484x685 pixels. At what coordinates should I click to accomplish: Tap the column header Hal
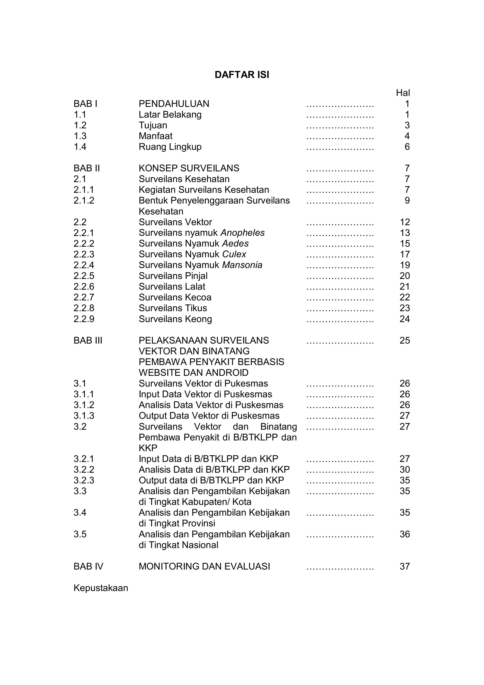pos(403,93)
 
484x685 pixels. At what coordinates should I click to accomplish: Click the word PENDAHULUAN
pos(174,104)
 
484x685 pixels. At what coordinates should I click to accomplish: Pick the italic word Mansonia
pos(242,265)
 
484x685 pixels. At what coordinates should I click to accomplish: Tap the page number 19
pos(405,265)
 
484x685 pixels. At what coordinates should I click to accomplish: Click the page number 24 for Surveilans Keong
pos(405,319)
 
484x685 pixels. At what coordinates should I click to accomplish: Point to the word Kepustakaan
pos(101,588)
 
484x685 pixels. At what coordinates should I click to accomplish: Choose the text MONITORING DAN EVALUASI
pos(204,566)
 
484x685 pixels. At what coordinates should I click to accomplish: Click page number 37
pos(405,566)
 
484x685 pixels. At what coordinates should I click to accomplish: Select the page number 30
pos(405,470)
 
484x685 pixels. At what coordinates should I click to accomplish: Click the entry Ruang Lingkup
pos(170,147)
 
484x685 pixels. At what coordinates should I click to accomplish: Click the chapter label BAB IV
pos(88,566)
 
